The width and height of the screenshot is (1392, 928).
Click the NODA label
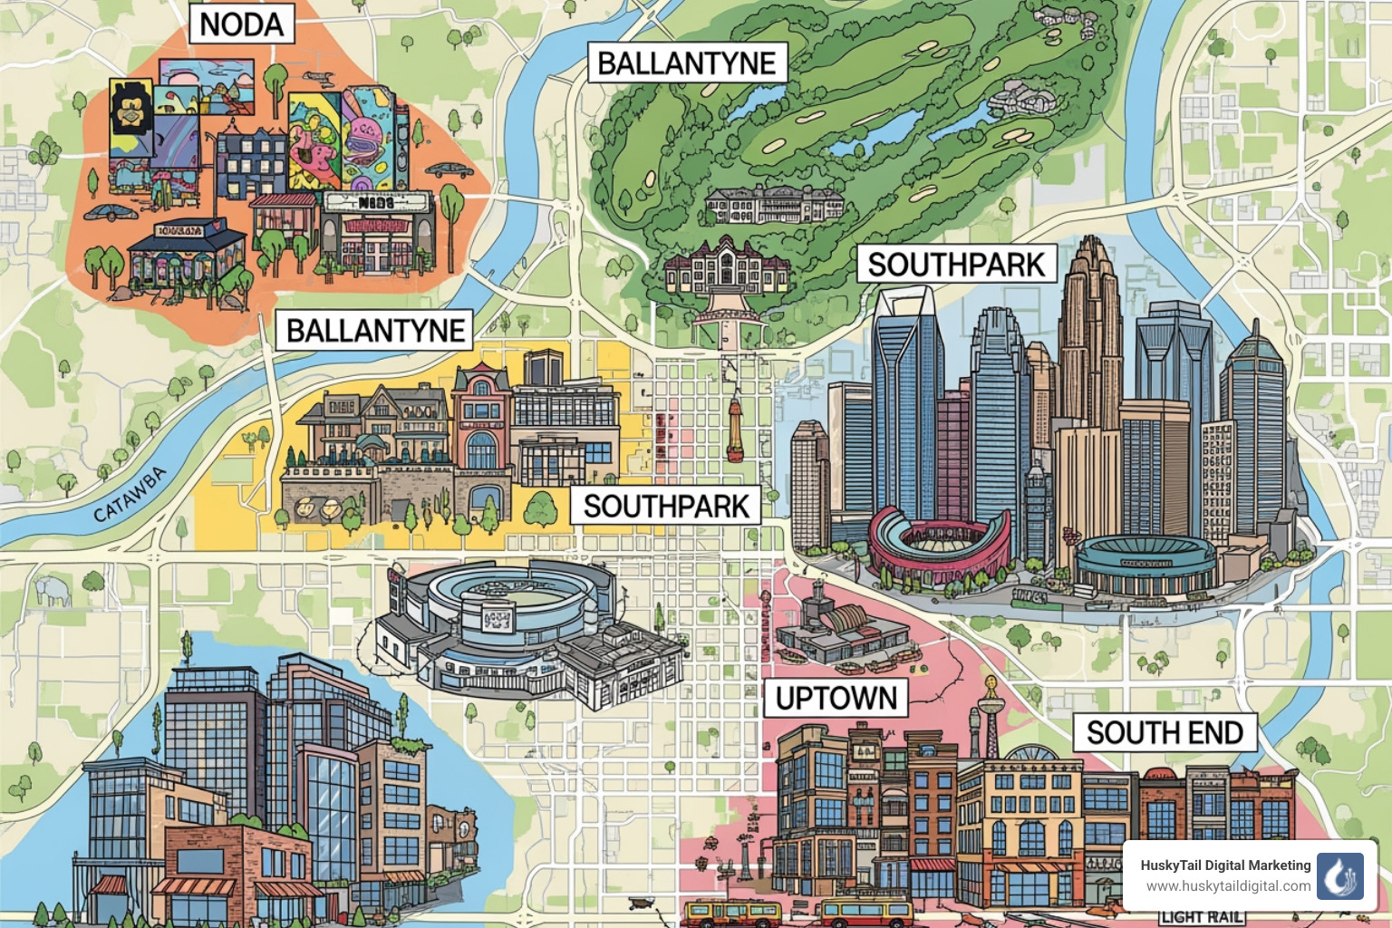tap(241, 24)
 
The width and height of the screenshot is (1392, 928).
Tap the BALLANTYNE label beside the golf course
tap(686, 63)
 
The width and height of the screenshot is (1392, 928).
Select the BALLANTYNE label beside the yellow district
tap(375, 330)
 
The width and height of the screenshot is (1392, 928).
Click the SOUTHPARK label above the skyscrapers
tap(956, 264)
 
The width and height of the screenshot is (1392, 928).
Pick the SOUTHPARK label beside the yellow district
tap(666, 506)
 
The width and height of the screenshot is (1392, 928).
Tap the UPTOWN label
tap(836, 698)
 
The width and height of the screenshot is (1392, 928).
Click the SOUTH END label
tap(1165, 732)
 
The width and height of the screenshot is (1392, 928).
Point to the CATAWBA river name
tap(130, 494)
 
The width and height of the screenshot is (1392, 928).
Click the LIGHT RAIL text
tap(1201, 917)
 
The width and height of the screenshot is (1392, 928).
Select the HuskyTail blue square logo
tap(1339, 875)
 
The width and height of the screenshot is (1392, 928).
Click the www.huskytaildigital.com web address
tap(1227, 886)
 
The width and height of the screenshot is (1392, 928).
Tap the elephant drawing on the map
tap(53, 591)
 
